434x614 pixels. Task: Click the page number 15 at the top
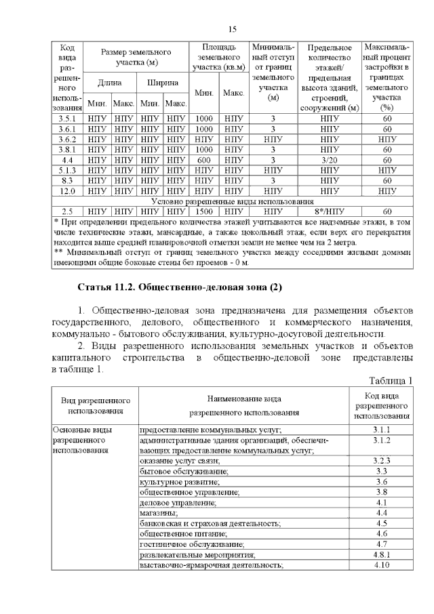232,29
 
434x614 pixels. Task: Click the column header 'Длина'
109,83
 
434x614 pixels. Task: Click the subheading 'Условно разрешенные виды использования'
232,201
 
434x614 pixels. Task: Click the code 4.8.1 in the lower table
380,554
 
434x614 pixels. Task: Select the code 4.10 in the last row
380,565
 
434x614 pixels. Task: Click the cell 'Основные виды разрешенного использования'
85,440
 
